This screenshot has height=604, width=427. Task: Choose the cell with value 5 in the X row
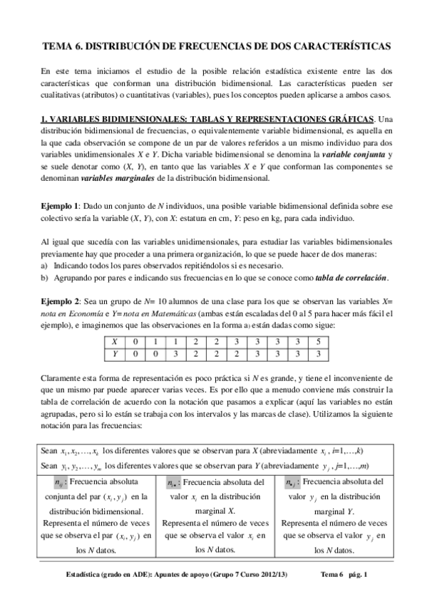(x=319, y=342)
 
